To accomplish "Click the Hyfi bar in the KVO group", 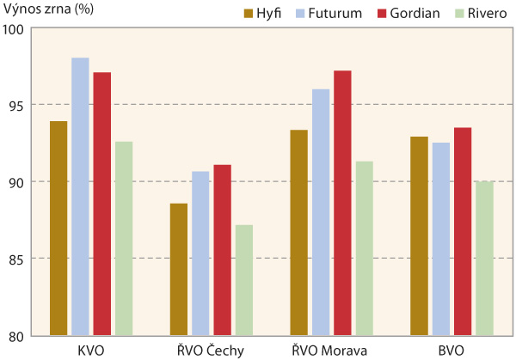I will [58, 228].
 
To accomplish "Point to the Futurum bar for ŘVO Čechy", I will [200, 253].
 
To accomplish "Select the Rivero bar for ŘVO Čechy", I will [244, 280].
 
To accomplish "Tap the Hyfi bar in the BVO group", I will [419, 235].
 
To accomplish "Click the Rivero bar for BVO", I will [484, 258].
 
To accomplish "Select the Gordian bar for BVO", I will [463, 231].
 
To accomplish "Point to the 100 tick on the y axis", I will [18, 28].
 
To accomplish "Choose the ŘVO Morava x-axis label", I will [331, 350].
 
